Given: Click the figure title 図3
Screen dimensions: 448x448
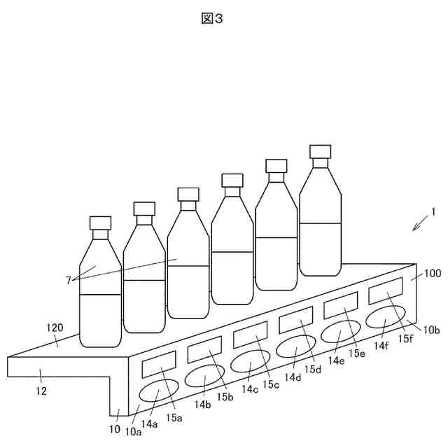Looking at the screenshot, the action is click(x=211, y=19).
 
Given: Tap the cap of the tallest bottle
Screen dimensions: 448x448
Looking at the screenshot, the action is click(x=321, y=152).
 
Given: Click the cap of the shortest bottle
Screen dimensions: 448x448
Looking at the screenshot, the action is click(x=101, y=223).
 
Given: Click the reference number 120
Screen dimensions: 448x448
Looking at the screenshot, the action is click(x=54, y=327).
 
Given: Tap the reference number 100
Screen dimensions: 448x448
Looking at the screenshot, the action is click(x=433, y=274).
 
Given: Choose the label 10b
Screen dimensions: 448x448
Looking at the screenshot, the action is click(x=432, y=329).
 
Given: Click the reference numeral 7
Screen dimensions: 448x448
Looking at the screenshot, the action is click(x=69, y=280).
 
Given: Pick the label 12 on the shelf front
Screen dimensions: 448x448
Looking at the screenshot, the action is click(x=41, y=391).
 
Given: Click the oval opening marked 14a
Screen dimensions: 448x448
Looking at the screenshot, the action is click(x=160, y=393).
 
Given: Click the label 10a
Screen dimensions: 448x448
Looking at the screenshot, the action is click(x=132, y=431).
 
